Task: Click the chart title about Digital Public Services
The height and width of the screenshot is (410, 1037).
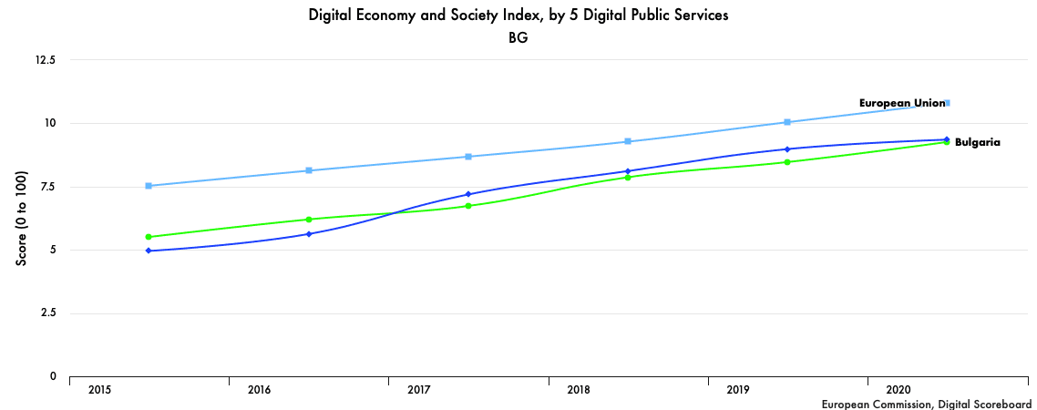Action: point(518,15)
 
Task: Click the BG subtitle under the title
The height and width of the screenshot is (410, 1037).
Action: point(518,39)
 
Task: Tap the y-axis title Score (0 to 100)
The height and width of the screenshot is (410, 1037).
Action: point(22,219)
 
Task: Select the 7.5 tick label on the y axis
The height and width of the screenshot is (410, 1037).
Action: point(46,187)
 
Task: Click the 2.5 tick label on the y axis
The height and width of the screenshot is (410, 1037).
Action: point(46,313)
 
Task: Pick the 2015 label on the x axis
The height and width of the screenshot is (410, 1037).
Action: point(100,390)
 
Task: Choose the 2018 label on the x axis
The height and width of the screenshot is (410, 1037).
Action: point(579,390)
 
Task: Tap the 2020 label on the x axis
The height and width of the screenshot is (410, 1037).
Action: point(898,390)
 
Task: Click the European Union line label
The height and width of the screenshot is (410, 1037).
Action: point(902,103)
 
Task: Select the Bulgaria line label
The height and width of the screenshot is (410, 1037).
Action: point(978,142)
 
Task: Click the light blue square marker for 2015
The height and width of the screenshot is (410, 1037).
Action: point(149,186)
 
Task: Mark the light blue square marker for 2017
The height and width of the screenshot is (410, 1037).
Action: point(468,157)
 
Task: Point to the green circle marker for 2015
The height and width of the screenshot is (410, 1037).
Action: point(149,237)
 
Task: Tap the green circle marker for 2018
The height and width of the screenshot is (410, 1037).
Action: point(628,177)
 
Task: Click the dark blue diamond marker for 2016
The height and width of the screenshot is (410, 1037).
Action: point(309,234)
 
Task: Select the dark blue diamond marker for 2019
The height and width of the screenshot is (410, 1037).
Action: point(787,149)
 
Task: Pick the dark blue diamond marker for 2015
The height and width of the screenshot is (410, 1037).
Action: point(149,251)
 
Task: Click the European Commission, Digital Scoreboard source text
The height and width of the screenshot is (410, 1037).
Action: point(926,404)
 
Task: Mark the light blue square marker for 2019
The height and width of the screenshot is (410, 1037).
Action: point(787,122)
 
